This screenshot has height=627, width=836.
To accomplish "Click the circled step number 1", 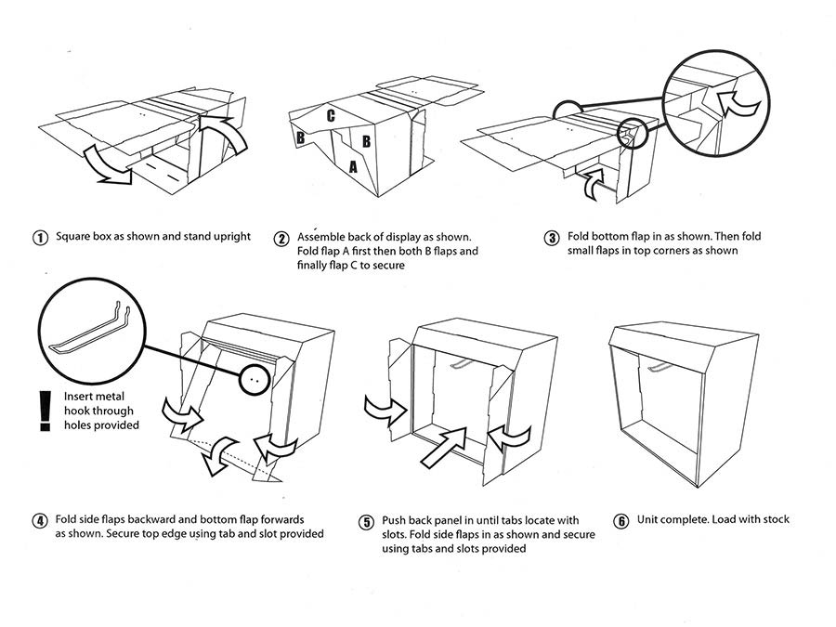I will [x=40, y=237].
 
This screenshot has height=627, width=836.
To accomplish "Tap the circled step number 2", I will [x=281, y=238].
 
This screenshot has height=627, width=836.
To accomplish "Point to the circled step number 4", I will [x=40, y=520].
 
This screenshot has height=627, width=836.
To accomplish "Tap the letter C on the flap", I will [x=330, y=116].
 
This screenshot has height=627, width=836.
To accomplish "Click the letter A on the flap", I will [x=352, y=167].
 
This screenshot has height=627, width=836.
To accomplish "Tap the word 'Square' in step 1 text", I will [x=74, y=237].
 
